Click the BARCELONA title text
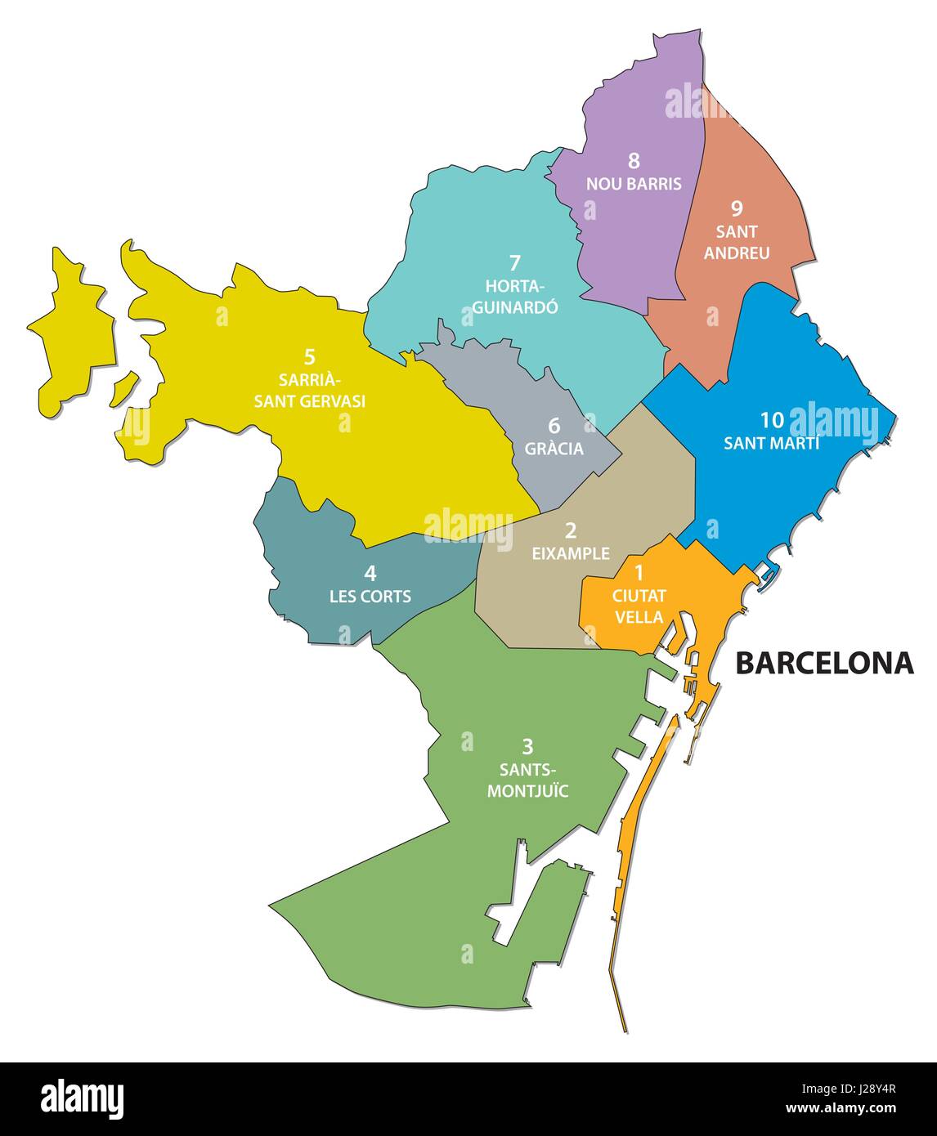(x=824, y=663)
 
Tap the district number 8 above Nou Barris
(x=634, y=161)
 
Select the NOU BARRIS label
(x=634, y=183)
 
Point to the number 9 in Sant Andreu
(x=737, y=209)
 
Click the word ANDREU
(x=737, y=253)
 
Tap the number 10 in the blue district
(x=772, y=420)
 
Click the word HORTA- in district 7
(x=514, y=286)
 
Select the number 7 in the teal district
(x=514, y=263)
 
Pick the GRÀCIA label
(x=554, y=449)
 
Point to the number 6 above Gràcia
(x=554, y=426)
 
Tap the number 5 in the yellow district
(x=309, y=357)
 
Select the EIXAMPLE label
(x=571, y=553)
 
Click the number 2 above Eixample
(x=571, y=530)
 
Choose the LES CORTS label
(x=370, y=596)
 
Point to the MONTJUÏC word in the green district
(x=528, y=790)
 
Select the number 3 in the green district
(x=527, y=746)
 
